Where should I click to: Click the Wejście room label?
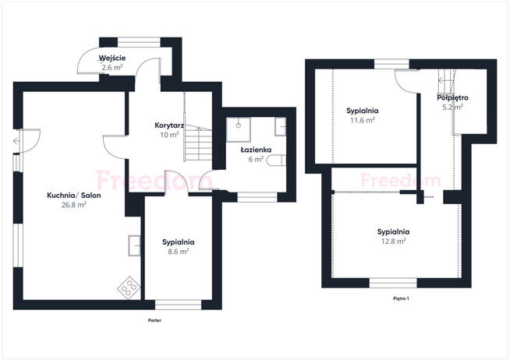tap(112, 58)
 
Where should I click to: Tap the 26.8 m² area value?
tap(74, 205)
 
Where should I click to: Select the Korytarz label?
tap(169, 125)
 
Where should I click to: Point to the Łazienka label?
tap(256, 150)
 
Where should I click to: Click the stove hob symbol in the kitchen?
tap(129, 287)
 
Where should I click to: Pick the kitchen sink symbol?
tap(134, 245)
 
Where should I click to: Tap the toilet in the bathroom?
tap(276, 161)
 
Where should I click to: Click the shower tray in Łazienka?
tap(239, 129)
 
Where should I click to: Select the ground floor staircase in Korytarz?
tap(198, 143)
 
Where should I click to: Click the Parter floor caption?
tap(154, 320)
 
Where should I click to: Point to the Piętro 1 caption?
tap(401, 298)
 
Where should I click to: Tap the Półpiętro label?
tap(453, 97)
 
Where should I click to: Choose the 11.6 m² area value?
tap(363, 120)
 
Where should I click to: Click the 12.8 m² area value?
tap(393, 242)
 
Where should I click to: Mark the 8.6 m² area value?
tap(179, 252)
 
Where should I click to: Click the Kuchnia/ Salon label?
tap(74, 196)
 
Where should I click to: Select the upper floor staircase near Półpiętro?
tap(446, 81)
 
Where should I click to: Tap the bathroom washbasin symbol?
tap(281, 127)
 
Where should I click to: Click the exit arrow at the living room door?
tap(16, 141)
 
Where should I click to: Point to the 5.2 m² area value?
tap(453, 107)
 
